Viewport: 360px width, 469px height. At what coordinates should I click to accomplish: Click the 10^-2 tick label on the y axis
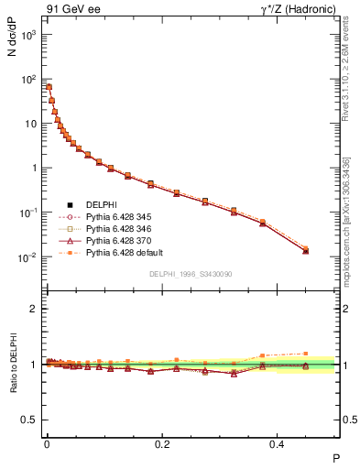coord(29,257)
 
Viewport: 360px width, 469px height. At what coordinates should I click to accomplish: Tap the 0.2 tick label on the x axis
coord(162,443)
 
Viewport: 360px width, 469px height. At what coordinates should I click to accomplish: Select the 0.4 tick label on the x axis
coord(279,443)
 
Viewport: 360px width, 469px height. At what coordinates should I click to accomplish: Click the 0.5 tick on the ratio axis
coord(32,420)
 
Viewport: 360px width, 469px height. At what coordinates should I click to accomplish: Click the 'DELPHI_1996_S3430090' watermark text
coord(190,274)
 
